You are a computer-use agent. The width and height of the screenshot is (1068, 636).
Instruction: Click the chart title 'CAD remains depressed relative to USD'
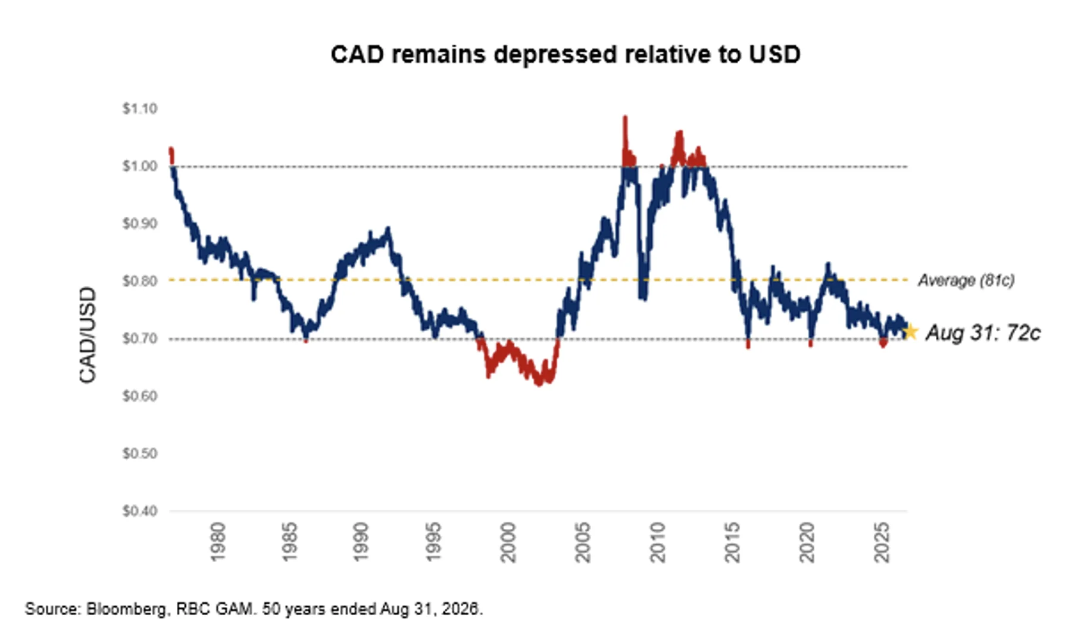pyautogui.click(x=565, y=54)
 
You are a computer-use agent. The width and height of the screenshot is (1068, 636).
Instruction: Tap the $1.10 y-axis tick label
pyautogui.click(x=140, y=108)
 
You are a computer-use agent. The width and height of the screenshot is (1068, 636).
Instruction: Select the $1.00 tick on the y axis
pyautogui.click(x=140, y=166)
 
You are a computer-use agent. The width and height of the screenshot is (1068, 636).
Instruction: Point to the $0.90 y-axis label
pyautogui.click(x=140, y=223)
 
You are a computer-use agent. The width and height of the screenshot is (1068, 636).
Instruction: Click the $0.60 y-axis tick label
pyautogui.click(x=140, y=396)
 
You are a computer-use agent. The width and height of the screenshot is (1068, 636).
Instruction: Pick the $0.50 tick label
pyautogui.click(x=140, y=453)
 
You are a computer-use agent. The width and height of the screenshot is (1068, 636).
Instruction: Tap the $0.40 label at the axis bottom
pyautogui.click(x=140, y=511)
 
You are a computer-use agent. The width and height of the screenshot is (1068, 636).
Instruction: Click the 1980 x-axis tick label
pyautogui.click(x=218, y=542)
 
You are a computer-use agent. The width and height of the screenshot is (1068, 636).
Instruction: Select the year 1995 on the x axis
pyautogui.click(x=433, y=542)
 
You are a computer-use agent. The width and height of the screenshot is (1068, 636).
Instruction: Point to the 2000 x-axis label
pyautogui.click(x=508, y=542)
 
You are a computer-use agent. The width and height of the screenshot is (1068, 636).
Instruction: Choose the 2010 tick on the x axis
pyautogui.click(x=657, y=542)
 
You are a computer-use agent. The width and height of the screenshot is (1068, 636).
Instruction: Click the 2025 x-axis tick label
pyautogui.click(x=881, y=542)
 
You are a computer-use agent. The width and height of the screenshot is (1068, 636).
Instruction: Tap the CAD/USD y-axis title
pyautogui.click(x=88, y=335)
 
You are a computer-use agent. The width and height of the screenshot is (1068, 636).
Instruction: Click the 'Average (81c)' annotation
pyautogui.click(x=966, y=280)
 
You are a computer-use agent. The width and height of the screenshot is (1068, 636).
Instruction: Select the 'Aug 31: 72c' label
pyautogui.click(x=983, y=332)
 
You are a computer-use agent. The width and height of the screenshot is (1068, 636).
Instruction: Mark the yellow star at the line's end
pyautogui.click(x=910, y=331)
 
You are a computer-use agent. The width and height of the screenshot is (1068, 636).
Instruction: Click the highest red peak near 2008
pyautogui.click(x=625, y=118)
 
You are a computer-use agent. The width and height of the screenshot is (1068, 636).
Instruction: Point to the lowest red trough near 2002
pyautogui.click(x=539, y=384)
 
